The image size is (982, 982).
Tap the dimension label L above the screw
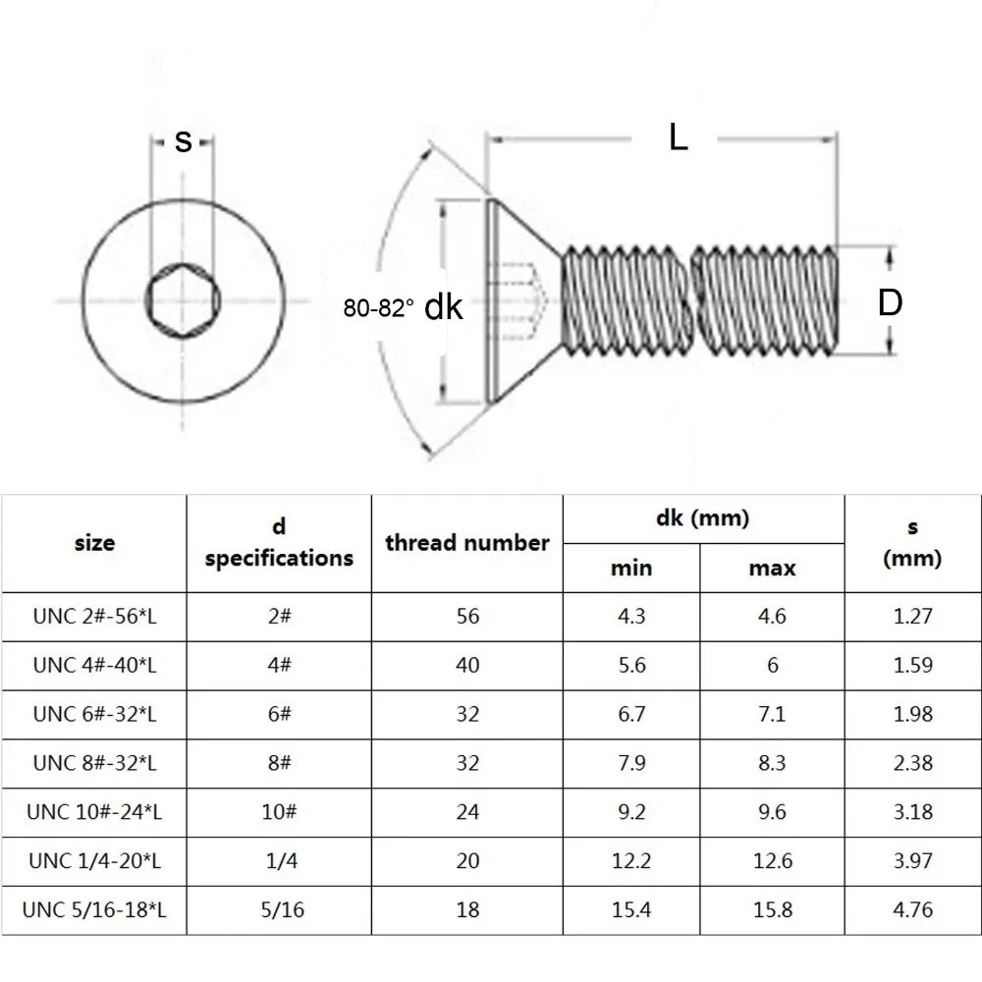[678, 138]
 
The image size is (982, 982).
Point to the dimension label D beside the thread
[890, 301]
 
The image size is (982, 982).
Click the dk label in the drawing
[443, 308]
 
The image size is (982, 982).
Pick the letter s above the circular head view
[183, 141]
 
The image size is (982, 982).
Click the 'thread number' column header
[467, 543]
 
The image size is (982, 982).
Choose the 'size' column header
[94, 542]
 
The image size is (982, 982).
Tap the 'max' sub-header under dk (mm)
[772, 569]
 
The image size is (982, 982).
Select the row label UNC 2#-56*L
[94, 617]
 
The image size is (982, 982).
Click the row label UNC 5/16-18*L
[96, 910]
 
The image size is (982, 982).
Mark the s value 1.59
[913, 666]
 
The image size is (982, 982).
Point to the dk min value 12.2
[631, 861]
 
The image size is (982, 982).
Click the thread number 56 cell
[467, 617]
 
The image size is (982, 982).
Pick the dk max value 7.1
[772, 714]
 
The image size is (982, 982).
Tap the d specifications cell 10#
[279, 812]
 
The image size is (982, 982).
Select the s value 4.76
[913, 910]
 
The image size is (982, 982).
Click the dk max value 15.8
[772, 910]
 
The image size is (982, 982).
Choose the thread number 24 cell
[467, 812]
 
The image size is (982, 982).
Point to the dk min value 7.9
[631, 763]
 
